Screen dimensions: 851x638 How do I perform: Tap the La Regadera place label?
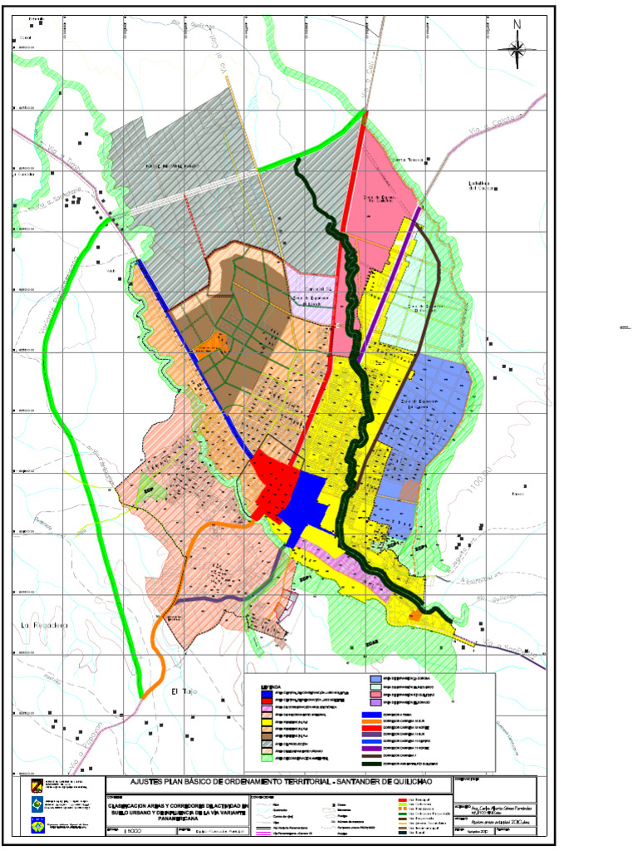pos(43,624)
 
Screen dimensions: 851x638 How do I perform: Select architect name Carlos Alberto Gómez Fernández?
pos(503,808)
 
